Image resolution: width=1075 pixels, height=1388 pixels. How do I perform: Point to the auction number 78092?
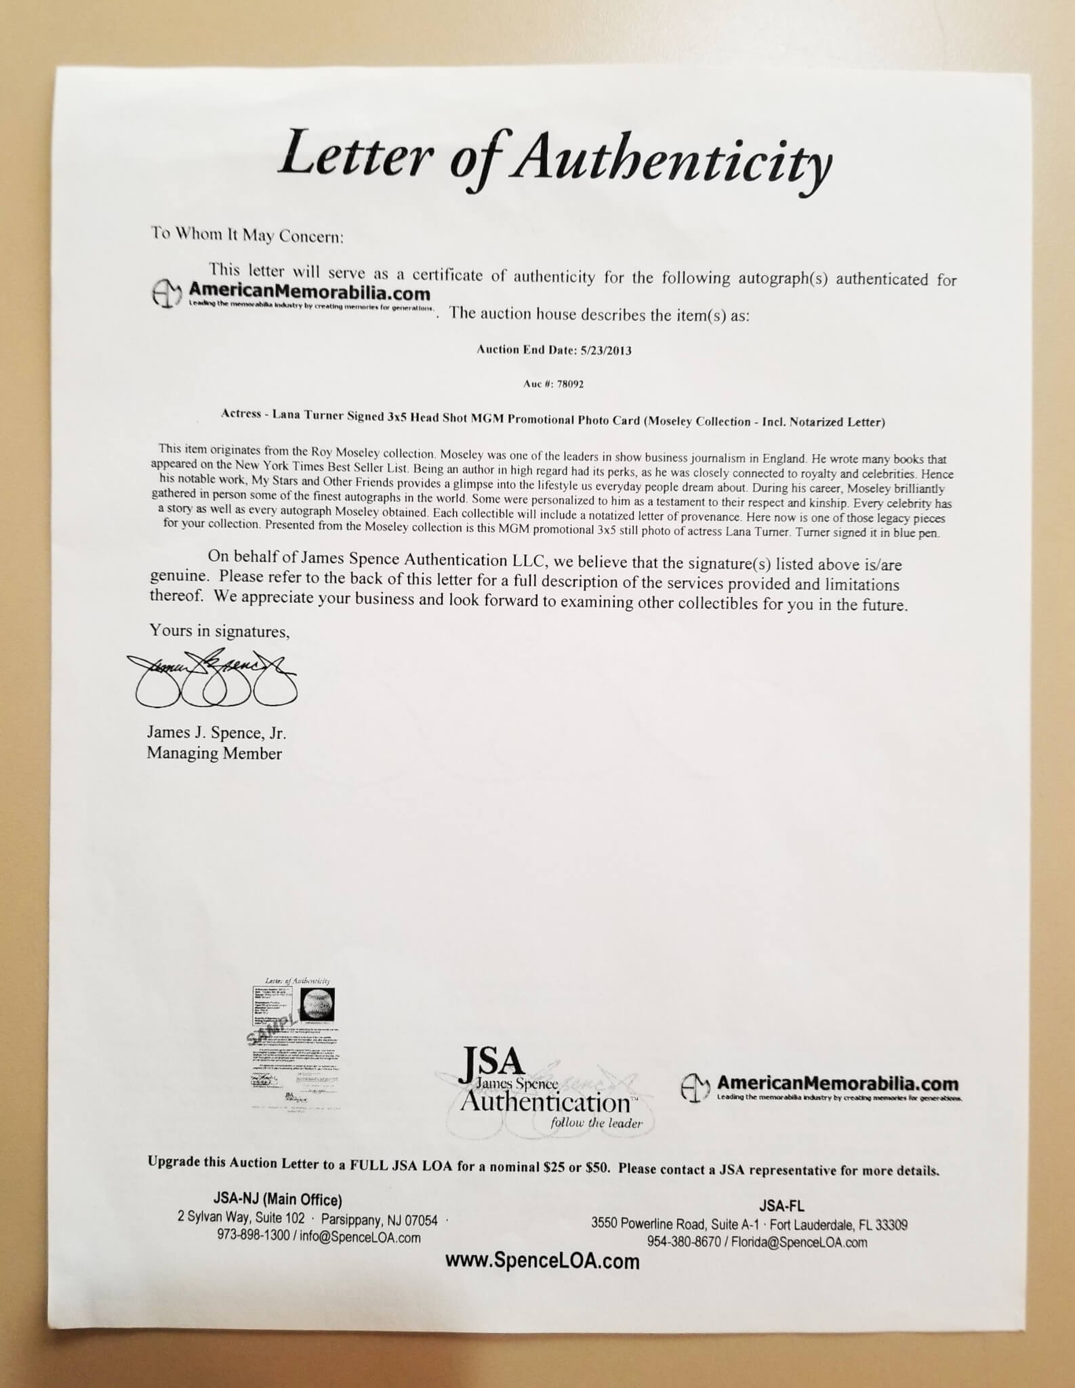pos(569,384)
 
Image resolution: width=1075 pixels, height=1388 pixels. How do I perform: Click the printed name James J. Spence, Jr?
pos(216,733)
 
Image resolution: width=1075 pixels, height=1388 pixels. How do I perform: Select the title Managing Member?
pos(214,753)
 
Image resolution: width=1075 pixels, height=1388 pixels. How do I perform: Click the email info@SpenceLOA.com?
pos(357,1238)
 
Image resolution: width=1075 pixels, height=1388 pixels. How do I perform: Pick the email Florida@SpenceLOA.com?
pos(800,1242)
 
